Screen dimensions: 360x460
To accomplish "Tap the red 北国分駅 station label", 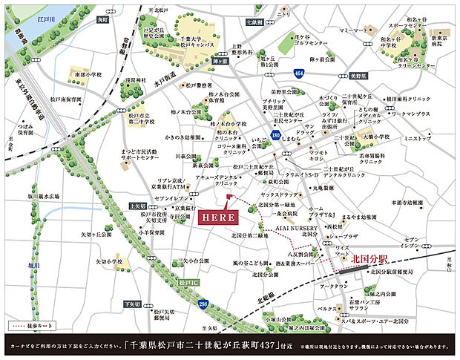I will (x=372, y=259).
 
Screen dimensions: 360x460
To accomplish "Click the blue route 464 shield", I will (x=298, y=75).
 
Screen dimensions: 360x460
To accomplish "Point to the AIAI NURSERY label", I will (x=297, y=229).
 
